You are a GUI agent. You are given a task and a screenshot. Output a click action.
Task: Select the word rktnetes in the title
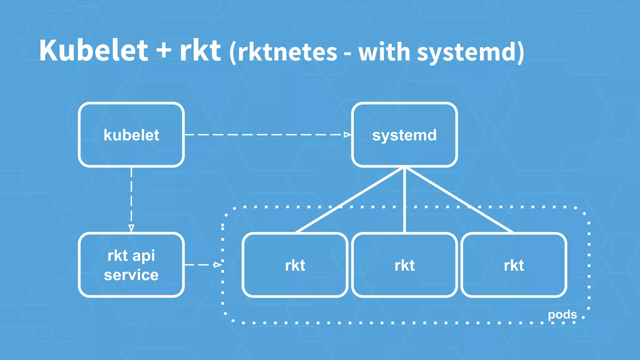click(x=287, y=52)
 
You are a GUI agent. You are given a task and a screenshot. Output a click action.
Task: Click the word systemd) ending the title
click(x=471, y=52)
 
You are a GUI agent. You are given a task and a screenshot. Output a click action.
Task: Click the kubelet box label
click(x=131, y=135)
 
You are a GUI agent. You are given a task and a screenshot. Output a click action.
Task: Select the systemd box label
click(x=404, y=135)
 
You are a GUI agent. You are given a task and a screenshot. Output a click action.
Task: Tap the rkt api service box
click(x=131, y=265)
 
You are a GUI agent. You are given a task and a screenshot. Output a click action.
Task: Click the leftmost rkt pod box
click(x=295, y=265)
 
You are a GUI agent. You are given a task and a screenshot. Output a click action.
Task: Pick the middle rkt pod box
click(x=404, y=265)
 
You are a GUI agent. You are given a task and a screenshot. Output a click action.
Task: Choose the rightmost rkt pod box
click(x=514, y=265)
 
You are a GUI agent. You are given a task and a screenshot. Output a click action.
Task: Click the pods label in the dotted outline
click(x=562, y=314)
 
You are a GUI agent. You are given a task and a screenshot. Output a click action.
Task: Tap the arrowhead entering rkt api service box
click(x=131, y=228)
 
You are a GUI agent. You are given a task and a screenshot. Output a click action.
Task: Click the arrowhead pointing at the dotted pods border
click(x=217, y=265)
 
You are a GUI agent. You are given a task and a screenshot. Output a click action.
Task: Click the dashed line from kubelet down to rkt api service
click(x=131, y=197)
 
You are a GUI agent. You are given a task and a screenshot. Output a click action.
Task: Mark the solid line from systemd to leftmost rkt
click(x=350, y=200)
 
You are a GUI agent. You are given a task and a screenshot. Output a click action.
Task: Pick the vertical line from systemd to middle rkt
click(x=404, y=200)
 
